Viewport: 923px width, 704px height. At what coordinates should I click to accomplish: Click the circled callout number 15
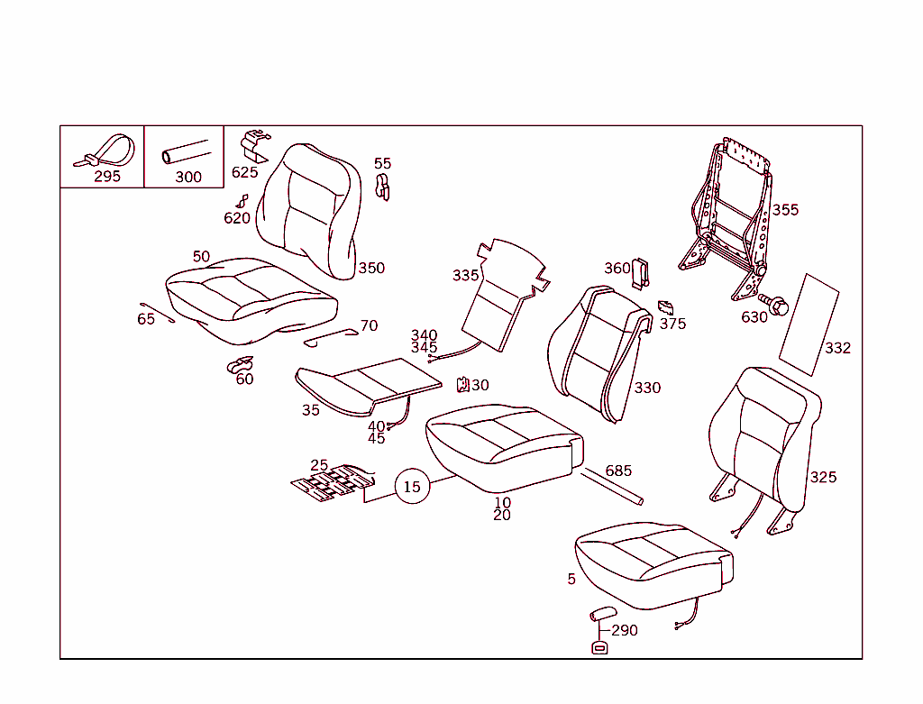point(411,487)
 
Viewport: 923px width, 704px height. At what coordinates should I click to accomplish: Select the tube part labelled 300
point(186,151)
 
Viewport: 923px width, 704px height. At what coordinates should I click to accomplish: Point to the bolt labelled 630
point(773,304)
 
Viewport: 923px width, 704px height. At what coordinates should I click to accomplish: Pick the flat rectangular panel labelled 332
point(809,325)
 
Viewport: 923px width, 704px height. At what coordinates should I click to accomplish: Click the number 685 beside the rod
point(618,471)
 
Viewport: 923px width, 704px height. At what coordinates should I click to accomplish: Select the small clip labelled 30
point(463,385)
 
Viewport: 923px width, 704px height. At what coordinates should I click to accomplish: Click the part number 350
point(371,269)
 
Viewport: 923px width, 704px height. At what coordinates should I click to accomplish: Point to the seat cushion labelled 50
point(251,300)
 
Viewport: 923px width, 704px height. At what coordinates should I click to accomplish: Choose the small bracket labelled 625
point(255,145)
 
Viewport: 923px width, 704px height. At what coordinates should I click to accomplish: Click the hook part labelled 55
point(382,187)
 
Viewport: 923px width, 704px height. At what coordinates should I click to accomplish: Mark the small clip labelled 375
point(666,308)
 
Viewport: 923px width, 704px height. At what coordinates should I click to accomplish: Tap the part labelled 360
point(641,274)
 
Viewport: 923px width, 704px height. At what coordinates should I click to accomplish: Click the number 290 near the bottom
point(625,630)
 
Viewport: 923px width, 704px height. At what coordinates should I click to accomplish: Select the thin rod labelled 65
point(157,313)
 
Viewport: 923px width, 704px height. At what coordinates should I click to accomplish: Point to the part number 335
point(466,276)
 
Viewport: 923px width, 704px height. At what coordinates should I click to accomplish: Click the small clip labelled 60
point(240,365)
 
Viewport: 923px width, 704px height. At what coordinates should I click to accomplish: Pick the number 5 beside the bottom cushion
point(571,580)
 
